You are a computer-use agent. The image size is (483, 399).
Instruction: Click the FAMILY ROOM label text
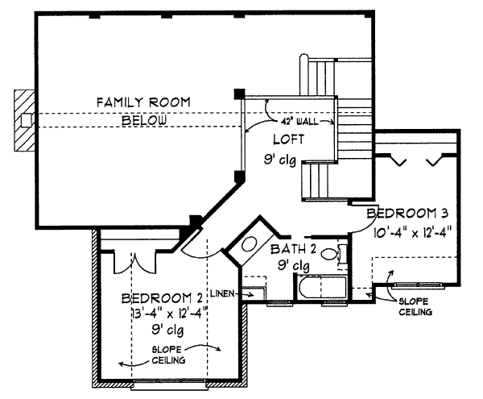click(142, 102)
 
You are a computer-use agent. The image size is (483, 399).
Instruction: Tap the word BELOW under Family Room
click(144, 120)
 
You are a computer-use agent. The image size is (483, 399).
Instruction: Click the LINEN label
click(223, 293)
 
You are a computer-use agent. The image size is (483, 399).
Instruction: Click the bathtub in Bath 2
click(320, 288)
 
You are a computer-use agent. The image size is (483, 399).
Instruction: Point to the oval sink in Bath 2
click(250, 247)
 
